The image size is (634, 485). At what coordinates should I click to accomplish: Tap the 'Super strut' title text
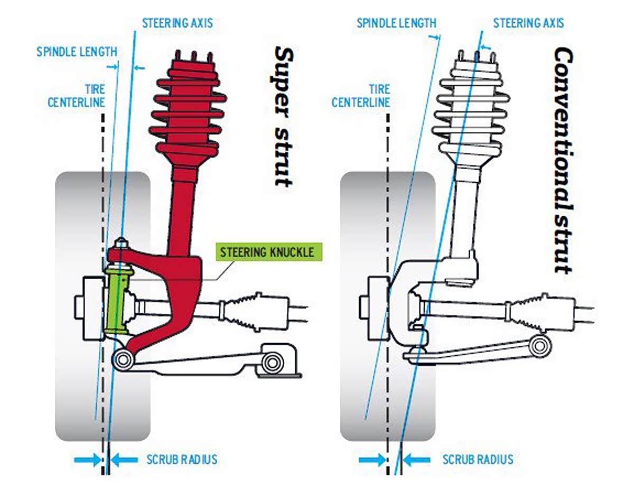[284, 116]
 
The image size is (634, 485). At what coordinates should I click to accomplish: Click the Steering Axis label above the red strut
[178, 24]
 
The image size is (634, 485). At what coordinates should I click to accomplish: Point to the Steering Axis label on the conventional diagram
[528, 23]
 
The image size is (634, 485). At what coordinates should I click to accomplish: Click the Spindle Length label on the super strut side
[77, 52]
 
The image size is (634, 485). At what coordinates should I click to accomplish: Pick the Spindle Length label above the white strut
[396, 23]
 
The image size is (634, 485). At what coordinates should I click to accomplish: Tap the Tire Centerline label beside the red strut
[76, 95]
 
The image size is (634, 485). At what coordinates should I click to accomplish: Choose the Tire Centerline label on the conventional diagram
[360, 95]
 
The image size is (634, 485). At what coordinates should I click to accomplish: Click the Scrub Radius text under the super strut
[182, 459]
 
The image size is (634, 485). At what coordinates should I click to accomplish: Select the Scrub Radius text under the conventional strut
[478, 459]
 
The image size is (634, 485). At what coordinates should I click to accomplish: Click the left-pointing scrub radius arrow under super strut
[124, 459]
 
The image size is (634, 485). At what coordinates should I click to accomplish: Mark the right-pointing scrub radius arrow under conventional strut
[372, 460]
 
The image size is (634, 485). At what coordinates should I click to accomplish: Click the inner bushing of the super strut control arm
[273, 363]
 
